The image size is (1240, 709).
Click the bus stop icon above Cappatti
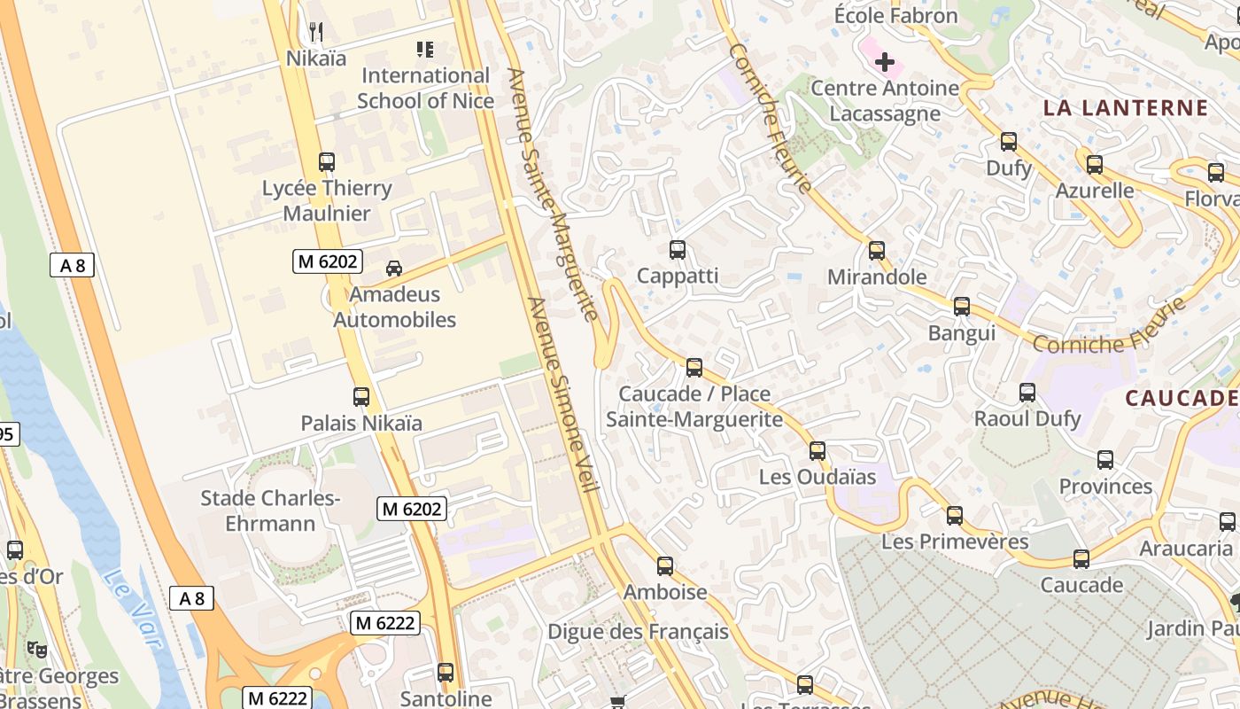click(x=678, y=250)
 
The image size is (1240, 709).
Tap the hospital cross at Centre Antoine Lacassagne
click(x=884, y=62)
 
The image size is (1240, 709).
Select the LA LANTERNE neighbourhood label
click(x=1125, y=108)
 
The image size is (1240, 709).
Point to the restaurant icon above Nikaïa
click(x=316, y=33)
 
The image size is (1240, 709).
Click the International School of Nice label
click(x=425, y=88)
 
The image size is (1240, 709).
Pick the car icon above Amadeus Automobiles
click(x=394, y=268)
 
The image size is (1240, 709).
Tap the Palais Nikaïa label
click(x=361, y=423)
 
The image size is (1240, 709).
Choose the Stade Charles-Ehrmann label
click(x=270, y=510)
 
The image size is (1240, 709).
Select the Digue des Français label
click(x=638, y=632)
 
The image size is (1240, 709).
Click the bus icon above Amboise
click(x=665, y=565)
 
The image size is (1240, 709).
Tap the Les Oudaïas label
click(x=817, y=477)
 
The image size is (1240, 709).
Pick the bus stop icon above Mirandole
click(x=877, y=251)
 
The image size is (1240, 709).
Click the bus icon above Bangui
click(x=962, y=308)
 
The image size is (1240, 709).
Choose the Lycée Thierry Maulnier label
click(x=327, y=200)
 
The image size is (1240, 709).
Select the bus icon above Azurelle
click(x=1095, y=165)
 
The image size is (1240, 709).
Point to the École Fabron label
click(x=896, y=15)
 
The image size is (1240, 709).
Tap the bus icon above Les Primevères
click(x=955, y=516)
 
